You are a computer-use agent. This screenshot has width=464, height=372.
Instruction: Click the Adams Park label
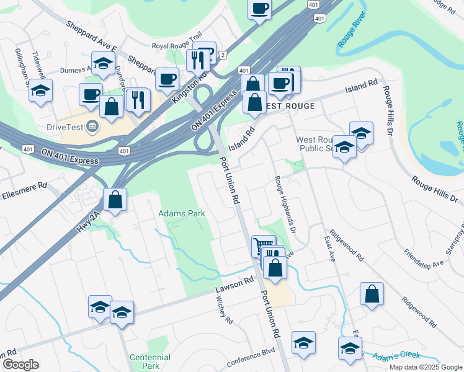182,213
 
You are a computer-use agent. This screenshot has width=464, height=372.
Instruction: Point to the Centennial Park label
149,361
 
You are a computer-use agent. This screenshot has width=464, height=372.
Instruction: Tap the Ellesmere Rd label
24,185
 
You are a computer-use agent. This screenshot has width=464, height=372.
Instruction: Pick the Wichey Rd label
224,310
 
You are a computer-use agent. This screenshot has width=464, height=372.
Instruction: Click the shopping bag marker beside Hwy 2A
115,200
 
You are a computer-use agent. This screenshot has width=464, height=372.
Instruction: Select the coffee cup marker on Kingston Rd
166,79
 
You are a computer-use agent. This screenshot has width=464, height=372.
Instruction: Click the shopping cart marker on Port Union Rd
263,246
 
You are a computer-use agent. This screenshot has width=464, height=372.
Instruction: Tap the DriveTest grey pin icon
92,126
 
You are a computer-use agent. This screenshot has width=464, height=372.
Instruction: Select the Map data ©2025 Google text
425,367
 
